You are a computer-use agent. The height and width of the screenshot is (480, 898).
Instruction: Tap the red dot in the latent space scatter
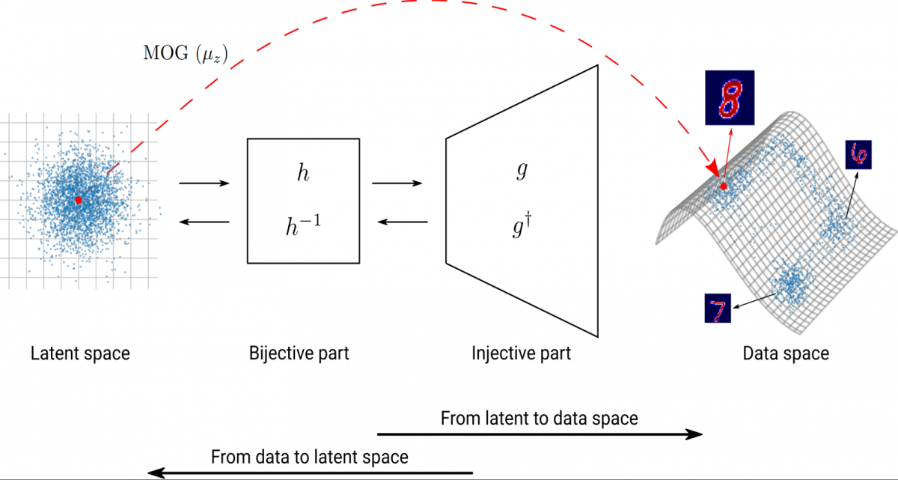pos(78,200)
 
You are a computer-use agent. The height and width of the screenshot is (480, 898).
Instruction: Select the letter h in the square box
pos(302,173)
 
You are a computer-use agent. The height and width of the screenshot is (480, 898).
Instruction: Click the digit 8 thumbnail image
pos(730,97)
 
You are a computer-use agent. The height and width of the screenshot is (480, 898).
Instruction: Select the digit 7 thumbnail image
pos(718,308)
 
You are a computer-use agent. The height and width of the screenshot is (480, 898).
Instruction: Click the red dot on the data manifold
pos(724,186)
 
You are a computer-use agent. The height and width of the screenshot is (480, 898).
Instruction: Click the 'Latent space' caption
pos(80,353)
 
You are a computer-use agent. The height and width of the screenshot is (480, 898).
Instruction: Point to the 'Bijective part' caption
pos(299,353)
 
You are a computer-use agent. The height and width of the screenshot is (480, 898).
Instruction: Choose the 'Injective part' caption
pos(521,353)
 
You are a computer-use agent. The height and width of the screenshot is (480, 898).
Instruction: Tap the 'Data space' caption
pos(786,353)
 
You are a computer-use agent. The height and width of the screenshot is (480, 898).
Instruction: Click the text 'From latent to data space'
pos(539,418)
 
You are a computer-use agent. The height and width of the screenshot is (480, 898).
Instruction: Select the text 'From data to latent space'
pos(310,456)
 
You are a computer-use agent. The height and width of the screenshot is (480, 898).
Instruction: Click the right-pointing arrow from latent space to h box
pos(204,183)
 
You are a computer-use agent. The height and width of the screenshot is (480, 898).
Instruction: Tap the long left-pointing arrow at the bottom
pos(310,472)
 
